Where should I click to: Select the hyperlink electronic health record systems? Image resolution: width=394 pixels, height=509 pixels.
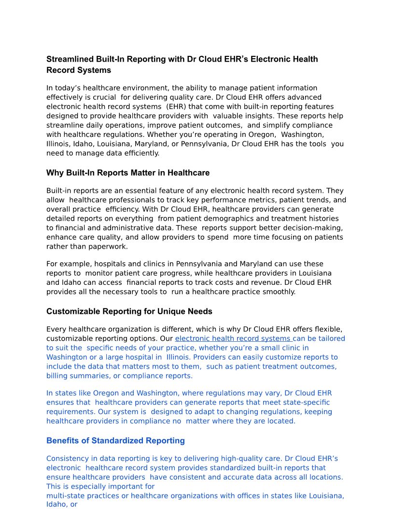[233, 338]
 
